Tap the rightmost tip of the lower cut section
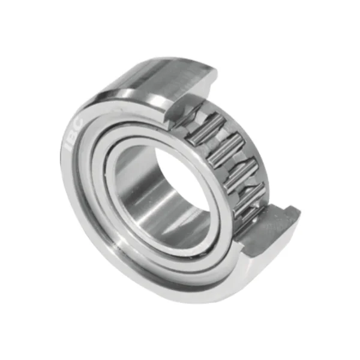(x=298, y=212)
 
